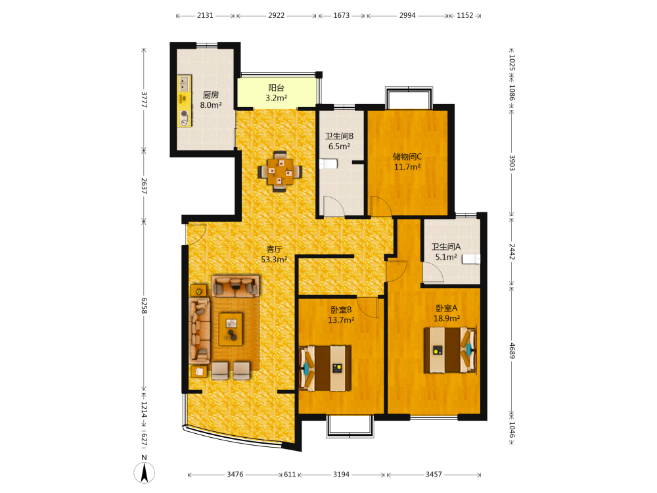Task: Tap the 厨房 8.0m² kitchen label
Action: click(x=211, y=100)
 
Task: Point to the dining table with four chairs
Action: click(x=280, y=172)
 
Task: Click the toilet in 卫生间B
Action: click(x=328, y=164)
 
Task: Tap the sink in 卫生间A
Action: click(x=471, y=259)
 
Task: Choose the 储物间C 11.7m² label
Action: click(x=407, y=162)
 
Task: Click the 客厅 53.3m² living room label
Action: click(x=274, y=254)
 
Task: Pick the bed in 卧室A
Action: click(x=451, y=350)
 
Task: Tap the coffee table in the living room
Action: click(x=231, y=329)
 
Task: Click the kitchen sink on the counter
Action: click(x=185, y=83)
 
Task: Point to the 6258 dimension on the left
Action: click(x=144, y=306)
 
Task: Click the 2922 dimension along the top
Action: click(x=276, y=16)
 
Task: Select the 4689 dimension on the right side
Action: click(x=512, y=350)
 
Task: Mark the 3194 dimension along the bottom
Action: click(x=341, y=474)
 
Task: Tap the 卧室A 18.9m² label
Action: click(x=447, y=313)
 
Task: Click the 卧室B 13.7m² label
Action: click(x=341, y=315)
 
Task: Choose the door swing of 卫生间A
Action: click(x=433, y=273)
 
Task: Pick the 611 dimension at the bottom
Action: click(x=290, y=474)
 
